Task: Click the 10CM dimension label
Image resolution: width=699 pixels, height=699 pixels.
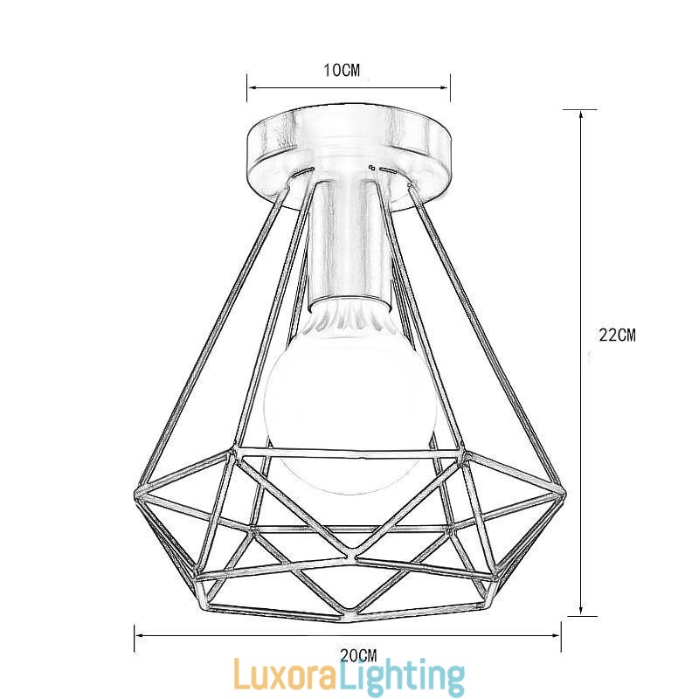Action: click(x=342, y=71)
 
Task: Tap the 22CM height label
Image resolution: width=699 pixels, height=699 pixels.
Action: click(x=617, y=335)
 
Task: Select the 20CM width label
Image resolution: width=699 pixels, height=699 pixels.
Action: click(x=358, y=654)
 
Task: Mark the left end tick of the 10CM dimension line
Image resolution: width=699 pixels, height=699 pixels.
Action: click(x=247, y=84)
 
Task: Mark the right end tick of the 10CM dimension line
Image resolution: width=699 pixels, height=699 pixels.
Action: click(x=450, y=84)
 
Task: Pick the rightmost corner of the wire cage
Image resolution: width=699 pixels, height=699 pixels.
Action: click(x=564, y=495)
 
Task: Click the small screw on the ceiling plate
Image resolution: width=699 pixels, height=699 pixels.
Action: click(x=373, y=166)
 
